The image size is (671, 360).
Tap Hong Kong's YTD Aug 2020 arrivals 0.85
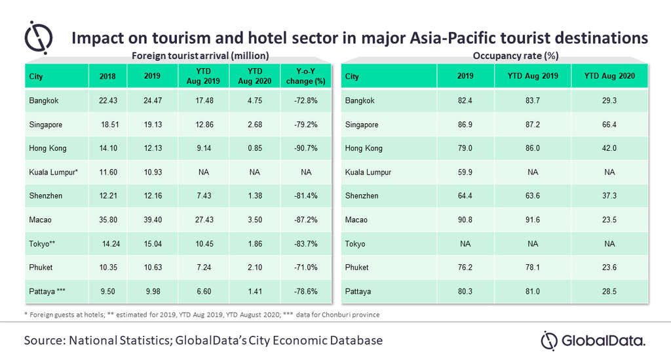(256, 148)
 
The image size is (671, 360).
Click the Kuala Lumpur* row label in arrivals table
(53, 172)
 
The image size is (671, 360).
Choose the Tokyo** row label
(43, 244)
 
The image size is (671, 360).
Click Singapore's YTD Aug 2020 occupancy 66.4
(609, 125)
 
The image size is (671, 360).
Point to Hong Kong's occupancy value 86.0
(533, 148)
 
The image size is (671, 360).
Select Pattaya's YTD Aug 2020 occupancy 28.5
(609, 291)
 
